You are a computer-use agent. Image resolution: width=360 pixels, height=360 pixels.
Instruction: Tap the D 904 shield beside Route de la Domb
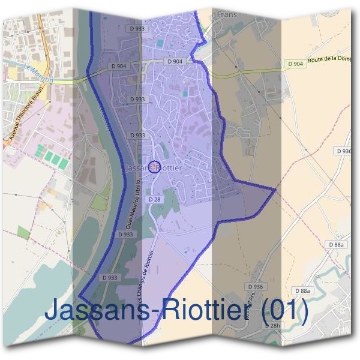coord(295,64)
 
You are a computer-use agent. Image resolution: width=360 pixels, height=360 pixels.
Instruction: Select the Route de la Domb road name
coord(333,59)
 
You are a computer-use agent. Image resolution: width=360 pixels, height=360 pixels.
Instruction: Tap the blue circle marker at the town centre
coord(154,166)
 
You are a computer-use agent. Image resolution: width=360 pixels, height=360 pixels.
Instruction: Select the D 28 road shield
coord(154,199)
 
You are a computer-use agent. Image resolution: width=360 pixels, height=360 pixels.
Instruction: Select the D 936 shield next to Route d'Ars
coord(255,287)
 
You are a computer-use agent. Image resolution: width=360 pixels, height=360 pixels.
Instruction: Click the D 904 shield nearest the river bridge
coord(119,67)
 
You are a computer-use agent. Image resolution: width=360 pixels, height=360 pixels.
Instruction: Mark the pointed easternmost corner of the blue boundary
coord(275,190)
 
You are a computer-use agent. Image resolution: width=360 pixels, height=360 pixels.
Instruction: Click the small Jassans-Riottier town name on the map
coord(154,169)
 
